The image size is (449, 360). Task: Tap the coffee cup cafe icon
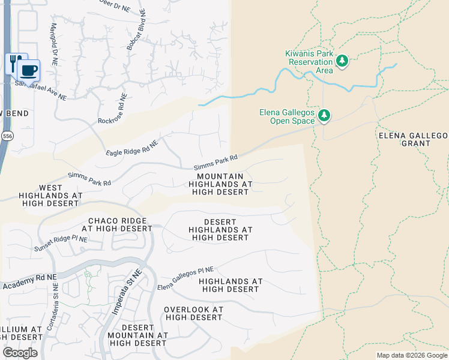(x=28, y=71)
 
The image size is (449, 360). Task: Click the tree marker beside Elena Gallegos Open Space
(x=324, y=115)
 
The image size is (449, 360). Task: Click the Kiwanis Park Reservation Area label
(x=310, y=62)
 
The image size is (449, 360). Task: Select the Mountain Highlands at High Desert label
(x=220, y=184)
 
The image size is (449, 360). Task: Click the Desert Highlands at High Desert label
(x=220, y=230)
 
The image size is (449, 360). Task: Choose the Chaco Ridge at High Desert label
(x=118, y=224)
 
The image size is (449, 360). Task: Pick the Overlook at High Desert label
(x=193, y=313)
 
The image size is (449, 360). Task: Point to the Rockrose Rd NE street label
(x=113, y=109)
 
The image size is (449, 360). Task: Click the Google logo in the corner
(x=20, y=353)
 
